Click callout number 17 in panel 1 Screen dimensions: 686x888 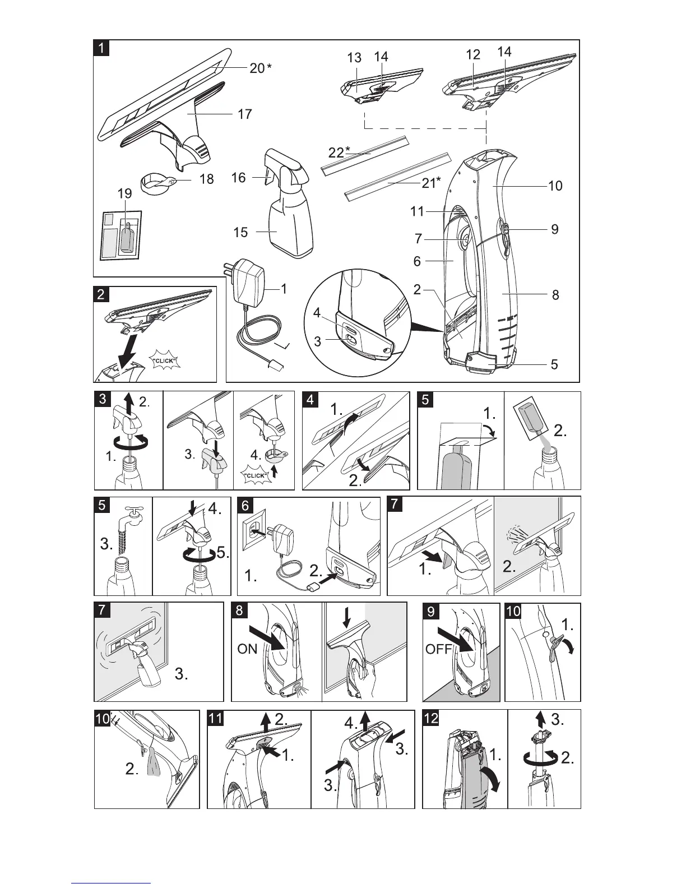[244, 114]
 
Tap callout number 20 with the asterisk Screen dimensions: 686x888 [260, 68]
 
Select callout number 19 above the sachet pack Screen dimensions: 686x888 [124, 194]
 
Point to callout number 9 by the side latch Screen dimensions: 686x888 [554, 229]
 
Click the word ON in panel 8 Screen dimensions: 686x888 [247, 649]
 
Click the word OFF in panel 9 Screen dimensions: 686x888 [438, 649]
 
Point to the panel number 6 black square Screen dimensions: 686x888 [245, 505]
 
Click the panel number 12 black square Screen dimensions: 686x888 [431, 718]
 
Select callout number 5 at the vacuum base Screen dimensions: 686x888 [554, 364]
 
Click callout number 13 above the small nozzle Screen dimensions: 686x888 [354, 57]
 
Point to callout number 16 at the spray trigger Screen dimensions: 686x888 [239, 178]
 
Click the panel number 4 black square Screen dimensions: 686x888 [310, 400]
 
